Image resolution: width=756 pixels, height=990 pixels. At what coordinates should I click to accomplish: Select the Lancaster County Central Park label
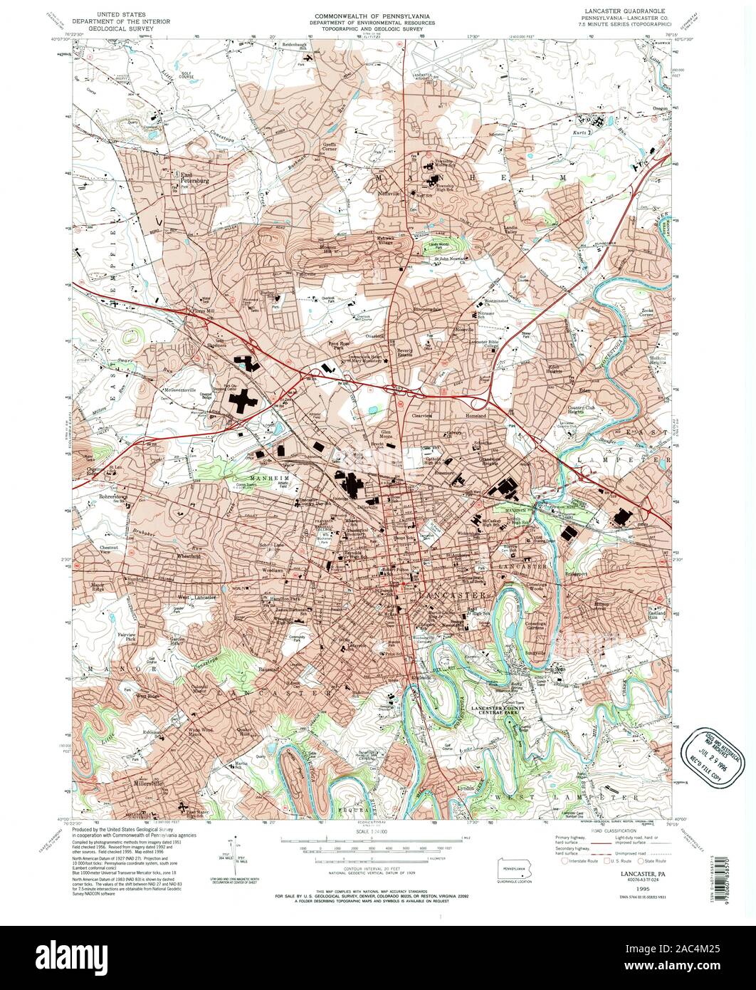(499, 711)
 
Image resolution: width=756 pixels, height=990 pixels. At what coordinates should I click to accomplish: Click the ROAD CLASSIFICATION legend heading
(607, 830)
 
